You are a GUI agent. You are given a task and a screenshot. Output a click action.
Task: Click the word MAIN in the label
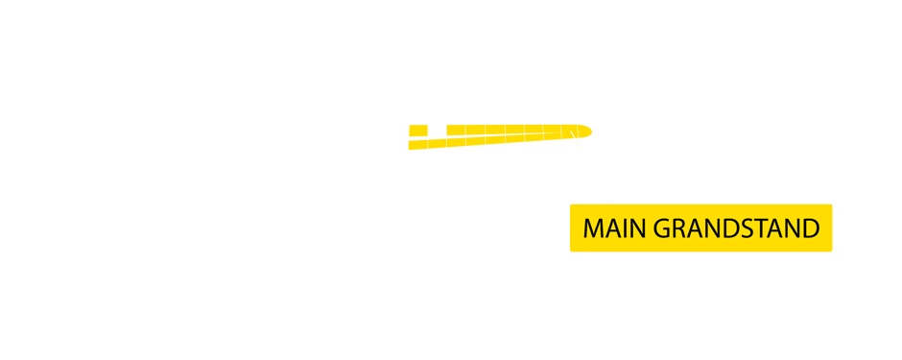(615, 228)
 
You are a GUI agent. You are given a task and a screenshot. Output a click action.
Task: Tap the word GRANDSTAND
(736, 228)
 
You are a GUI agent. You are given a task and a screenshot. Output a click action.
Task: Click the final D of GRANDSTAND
(811, 228)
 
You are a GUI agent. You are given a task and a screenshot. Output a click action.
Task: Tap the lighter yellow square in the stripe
(436, 137)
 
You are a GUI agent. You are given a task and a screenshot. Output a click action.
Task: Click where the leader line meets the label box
(613, 204)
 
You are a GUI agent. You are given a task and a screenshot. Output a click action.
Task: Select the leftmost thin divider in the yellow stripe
(446, 137)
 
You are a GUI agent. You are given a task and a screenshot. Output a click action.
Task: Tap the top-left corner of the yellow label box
(571, 205)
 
